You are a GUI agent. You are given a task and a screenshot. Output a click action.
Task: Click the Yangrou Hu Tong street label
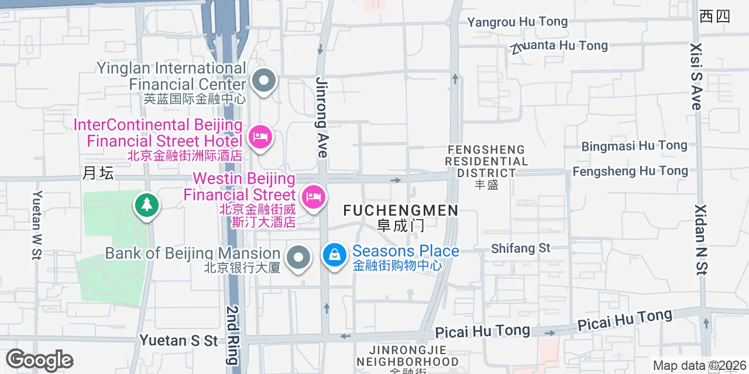point(517,22)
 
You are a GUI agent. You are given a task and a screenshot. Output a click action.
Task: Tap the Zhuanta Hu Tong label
point(559,46)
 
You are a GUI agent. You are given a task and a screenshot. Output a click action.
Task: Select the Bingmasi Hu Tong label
point(634,146)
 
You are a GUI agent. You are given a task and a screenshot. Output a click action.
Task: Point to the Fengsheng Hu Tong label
point(630,171)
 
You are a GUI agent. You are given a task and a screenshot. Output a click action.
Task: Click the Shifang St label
point(521,248)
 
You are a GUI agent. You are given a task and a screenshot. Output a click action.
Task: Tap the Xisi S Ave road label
point(696,76)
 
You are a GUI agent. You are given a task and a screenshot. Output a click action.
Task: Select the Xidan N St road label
point(702,239)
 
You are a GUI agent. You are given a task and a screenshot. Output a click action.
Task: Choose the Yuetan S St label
point(178,340)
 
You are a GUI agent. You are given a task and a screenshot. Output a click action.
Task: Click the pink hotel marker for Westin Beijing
point(314,196)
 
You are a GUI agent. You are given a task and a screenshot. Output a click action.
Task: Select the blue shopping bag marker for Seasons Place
point(334,255)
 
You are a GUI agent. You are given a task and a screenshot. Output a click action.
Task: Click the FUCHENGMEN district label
point(400,210)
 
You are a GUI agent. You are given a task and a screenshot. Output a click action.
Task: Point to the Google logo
point(39,360)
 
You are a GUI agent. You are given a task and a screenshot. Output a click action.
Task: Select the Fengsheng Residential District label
point(486,161)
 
